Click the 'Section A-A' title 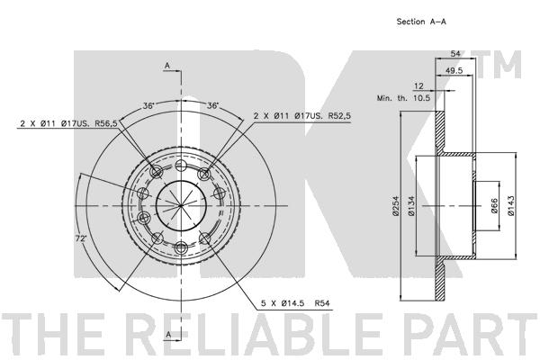click(421, 22)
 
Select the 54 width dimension click(455, 53)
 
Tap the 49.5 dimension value click(454, 70)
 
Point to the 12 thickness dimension click(418, 86)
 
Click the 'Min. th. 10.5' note click(403, 98)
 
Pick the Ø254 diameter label click(396, 206)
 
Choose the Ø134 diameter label click(411, 206)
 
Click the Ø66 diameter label click(494, 206)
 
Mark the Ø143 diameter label click(511, 206)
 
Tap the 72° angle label click(81, 238)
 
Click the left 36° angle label click(148, 105)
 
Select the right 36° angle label click(212, 105)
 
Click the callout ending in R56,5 click(69, 123)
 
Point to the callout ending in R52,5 click(302, 116)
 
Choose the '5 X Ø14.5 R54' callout click(295, 303)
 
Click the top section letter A click(167, 66)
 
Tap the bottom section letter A click(169, 334)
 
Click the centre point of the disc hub click(181, 206)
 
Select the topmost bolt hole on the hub click(181, 166)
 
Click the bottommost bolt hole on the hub click(181, 247)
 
